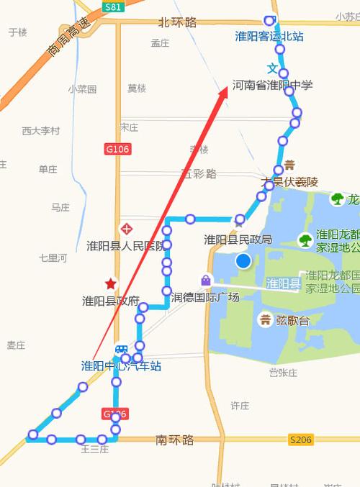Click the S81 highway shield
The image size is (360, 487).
pyautogui.click(x=112, y=7)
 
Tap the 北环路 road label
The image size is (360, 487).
pyautogui.click(x=177, y=23)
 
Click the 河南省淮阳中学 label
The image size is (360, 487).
pyautogui.click(x=273, y=85)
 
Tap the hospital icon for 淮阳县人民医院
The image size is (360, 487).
pyautogui.click(x=127, y=229)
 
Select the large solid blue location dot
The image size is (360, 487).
pyautogui.click(x=243, y=261)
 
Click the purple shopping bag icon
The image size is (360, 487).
pyautogui.click(x=206, y=280)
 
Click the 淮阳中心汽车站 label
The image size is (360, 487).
pyautogui.click(x=120, y=365)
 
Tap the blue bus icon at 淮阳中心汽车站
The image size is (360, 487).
pyautogui.click(x=122, y=350)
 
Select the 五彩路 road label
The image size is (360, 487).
pyautogui.click(x=199, y=173)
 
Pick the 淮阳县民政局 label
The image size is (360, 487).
pyautogui.click(x=238, y=240)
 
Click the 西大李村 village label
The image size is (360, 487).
pyautogui.click(x=41, y=131)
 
